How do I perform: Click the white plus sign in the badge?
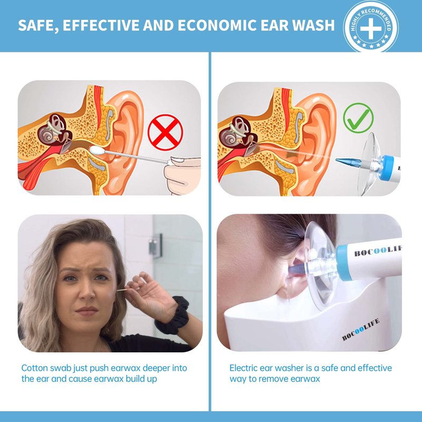point(371,28)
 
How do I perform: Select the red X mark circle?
point(165,132)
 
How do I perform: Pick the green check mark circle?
point(358,118)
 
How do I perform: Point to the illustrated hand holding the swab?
point(183,175)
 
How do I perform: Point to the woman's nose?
point(87,292)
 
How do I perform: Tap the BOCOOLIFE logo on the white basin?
point(361,330)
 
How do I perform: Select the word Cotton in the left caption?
point(34,368)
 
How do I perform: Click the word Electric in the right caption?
point(243,368)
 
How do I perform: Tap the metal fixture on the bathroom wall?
point(156,245)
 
